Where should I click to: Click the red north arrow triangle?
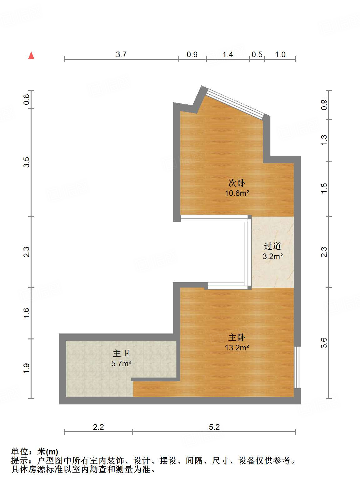(31, 56)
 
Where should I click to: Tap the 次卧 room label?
(237, 183)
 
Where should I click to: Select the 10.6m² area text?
(237, 193)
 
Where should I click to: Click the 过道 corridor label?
(273, 246)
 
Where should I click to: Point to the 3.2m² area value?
(273, 257)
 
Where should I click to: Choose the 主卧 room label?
(237, 338)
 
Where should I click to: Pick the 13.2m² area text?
(237, 348)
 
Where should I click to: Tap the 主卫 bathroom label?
(121, 353)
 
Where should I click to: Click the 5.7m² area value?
(121, 363)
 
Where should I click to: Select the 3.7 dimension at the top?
(121, 54)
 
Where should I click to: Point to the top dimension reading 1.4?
(228, 54)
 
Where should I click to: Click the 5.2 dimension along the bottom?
(214, 427)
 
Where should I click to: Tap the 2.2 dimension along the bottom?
(98, 427)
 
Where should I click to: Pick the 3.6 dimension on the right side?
(324, 343)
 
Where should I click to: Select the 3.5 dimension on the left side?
(27, 162)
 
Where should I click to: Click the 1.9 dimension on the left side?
(27, 368)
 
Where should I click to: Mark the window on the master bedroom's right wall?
(298, 367)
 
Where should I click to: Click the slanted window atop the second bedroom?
(236, 103)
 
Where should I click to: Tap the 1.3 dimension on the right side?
(324, 140)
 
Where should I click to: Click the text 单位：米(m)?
(35, 452)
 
